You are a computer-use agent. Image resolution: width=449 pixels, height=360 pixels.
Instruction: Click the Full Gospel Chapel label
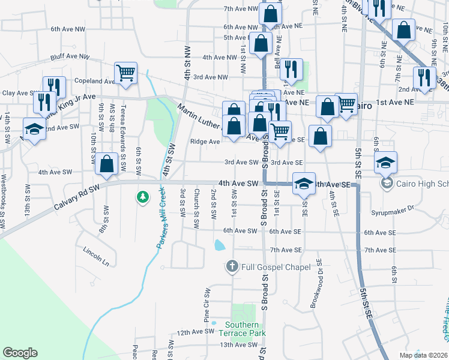276,267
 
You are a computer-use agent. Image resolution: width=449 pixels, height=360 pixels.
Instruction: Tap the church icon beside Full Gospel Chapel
232,266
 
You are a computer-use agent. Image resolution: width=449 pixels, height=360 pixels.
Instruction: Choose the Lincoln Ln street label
96,256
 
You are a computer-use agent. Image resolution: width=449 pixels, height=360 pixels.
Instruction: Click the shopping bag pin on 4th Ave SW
107,164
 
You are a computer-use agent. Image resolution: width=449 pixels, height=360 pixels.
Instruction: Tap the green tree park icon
143,196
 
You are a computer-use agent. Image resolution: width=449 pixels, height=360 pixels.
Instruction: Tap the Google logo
20,353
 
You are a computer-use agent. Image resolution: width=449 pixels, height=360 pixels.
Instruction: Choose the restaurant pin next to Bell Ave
291,70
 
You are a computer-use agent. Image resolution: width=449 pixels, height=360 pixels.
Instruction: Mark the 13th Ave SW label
238,345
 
